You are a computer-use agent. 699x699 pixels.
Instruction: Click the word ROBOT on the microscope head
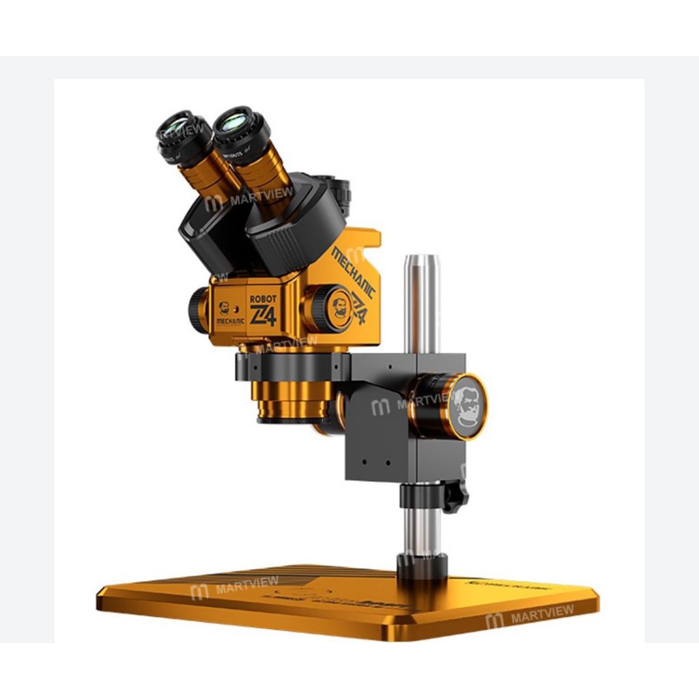click(263, 298)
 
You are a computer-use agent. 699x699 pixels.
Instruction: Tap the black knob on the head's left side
click(197, 309)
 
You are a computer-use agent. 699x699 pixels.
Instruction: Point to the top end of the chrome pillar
click(421, 260)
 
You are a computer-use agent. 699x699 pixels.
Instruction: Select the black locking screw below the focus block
click(453, 496)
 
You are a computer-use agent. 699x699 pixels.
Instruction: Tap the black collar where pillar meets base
click(422, 565)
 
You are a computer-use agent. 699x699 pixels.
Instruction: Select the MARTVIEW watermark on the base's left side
click(235, 586)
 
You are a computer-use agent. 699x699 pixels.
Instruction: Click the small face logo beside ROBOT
click(224, 308)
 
